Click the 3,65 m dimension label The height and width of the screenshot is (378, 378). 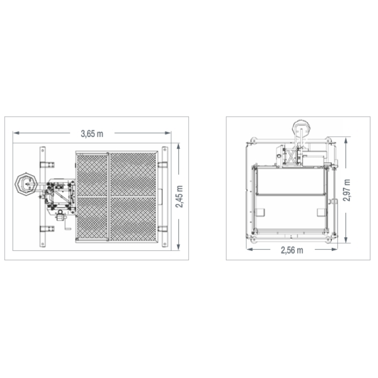92,134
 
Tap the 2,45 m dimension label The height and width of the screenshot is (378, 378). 179,197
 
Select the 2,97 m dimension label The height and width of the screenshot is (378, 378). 347,190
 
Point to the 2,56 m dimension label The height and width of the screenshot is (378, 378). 292,250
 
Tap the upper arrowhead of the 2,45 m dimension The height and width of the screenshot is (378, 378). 179,146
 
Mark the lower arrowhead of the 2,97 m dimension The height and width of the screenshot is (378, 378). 346,240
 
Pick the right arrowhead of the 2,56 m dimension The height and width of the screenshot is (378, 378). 335,249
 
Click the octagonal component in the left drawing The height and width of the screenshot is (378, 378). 26,184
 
